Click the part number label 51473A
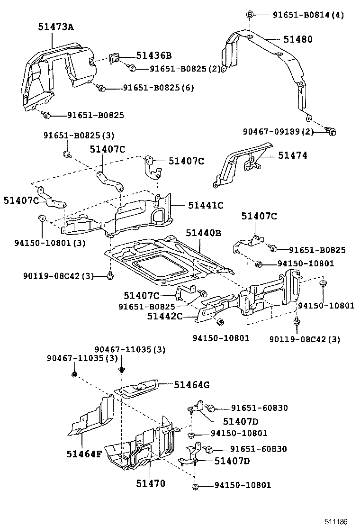[56, 27]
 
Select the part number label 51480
[298, 40]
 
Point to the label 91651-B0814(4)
[308, 15]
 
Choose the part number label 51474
[292, 155]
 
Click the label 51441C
[205, 205]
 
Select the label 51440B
[203, 233]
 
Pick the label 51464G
[191, 385]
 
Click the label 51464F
[84, 454]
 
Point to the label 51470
[151, 483]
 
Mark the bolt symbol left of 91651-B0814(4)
[250, 15]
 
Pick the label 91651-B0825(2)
[185, 69]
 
